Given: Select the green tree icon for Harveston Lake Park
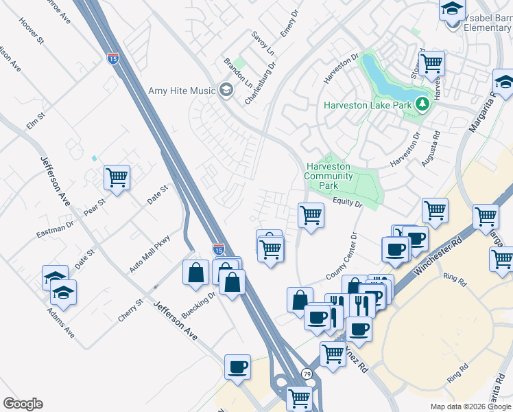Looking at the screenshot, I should (422, 104).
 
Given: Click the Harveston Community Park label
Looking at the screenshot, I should (329, 176).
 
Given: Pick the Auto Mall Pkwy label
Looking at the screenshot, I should (150, 252).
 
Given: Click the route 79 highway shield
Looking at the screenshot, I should (306, 374).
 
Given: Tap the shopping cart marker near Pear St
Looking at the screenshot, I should (117, 178).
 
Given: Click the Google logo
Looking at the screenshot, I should (23, 403).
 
